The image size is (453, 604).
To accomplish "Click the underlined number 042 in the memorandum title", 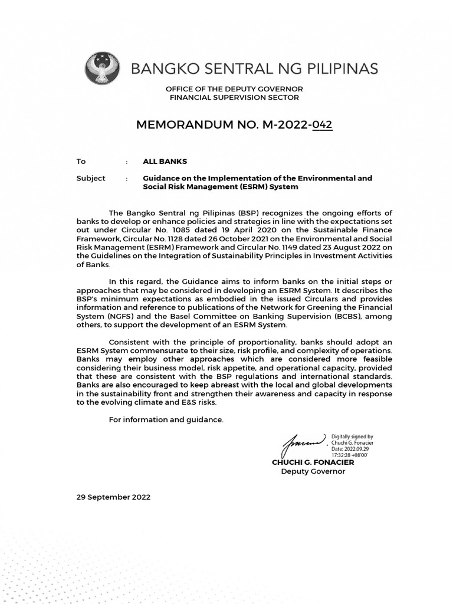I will click(323, 125).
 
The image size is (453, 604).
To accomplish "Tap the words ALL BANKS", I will click(165, 161).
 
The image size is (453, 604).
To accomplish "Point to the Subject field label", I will click(91, 178).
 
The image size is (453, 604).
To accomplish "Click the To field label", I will click(81, 161).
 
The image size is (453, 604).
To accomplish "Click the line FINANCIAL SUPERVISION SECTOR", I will click(234, 97).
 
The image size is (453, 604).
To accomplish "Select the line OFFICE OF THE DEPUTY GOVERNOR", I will click(234, 89).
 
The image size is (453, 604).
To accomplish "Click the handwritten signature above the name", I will click(304, 442).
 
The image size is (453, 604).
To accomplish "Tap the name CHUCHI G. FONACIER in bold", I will click(313, 462).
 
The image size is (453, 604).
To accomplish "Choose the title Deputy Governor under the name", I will click(313, 471).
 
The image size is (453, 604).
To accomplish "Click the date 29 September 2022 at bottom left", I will click(113, 497).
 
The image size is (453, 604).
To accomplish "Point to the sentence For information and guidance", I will click(166, 419).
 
